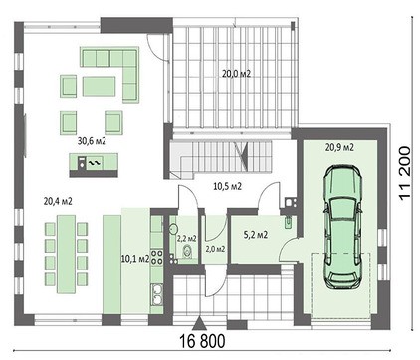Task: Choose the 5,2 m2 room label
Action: coord(254,236)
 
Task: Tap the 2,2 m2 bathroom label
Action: coord(186,239)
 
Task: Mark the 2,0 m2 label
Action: coord(214,249)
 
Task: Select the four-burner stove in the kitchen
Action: coord(157,293)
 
